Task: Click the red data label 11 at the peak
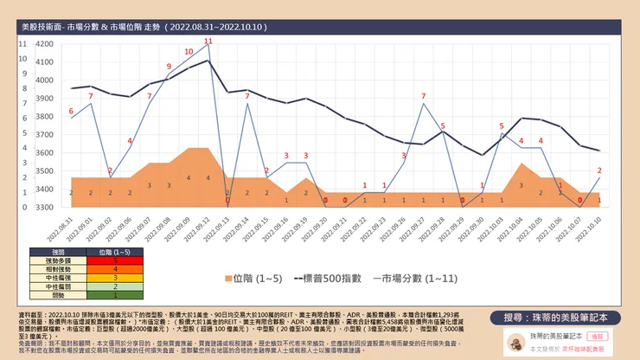pyautogui.click(x=208, y=42)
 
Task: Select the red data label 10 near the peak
pyautogui.click(x=189, y=52)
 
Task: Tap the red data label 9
pyautogui.click(x=169, y=67)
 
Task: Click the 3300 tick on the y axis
pyautogui.click(x=44, y=208)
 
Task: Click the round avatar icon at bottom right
pyautogui.click(x=515, y=339)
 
